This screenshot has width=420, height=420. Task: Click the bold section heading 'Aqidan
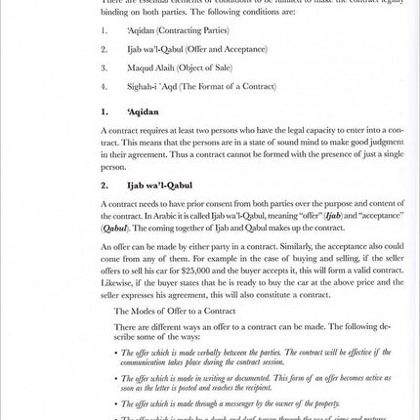143,111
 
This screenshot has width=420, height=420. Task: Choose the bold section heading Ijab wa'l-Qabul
159,185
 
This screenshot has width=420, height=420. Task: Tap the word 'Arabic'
167,216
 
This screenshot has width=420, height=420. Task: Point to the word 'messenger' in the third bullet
235,402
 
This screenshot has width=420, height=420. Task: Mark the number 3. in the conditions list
104,67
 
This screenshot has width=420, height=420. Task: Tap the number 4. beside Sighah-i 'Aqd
104,86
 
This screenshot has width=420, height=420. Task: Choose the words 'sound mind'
256,142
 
